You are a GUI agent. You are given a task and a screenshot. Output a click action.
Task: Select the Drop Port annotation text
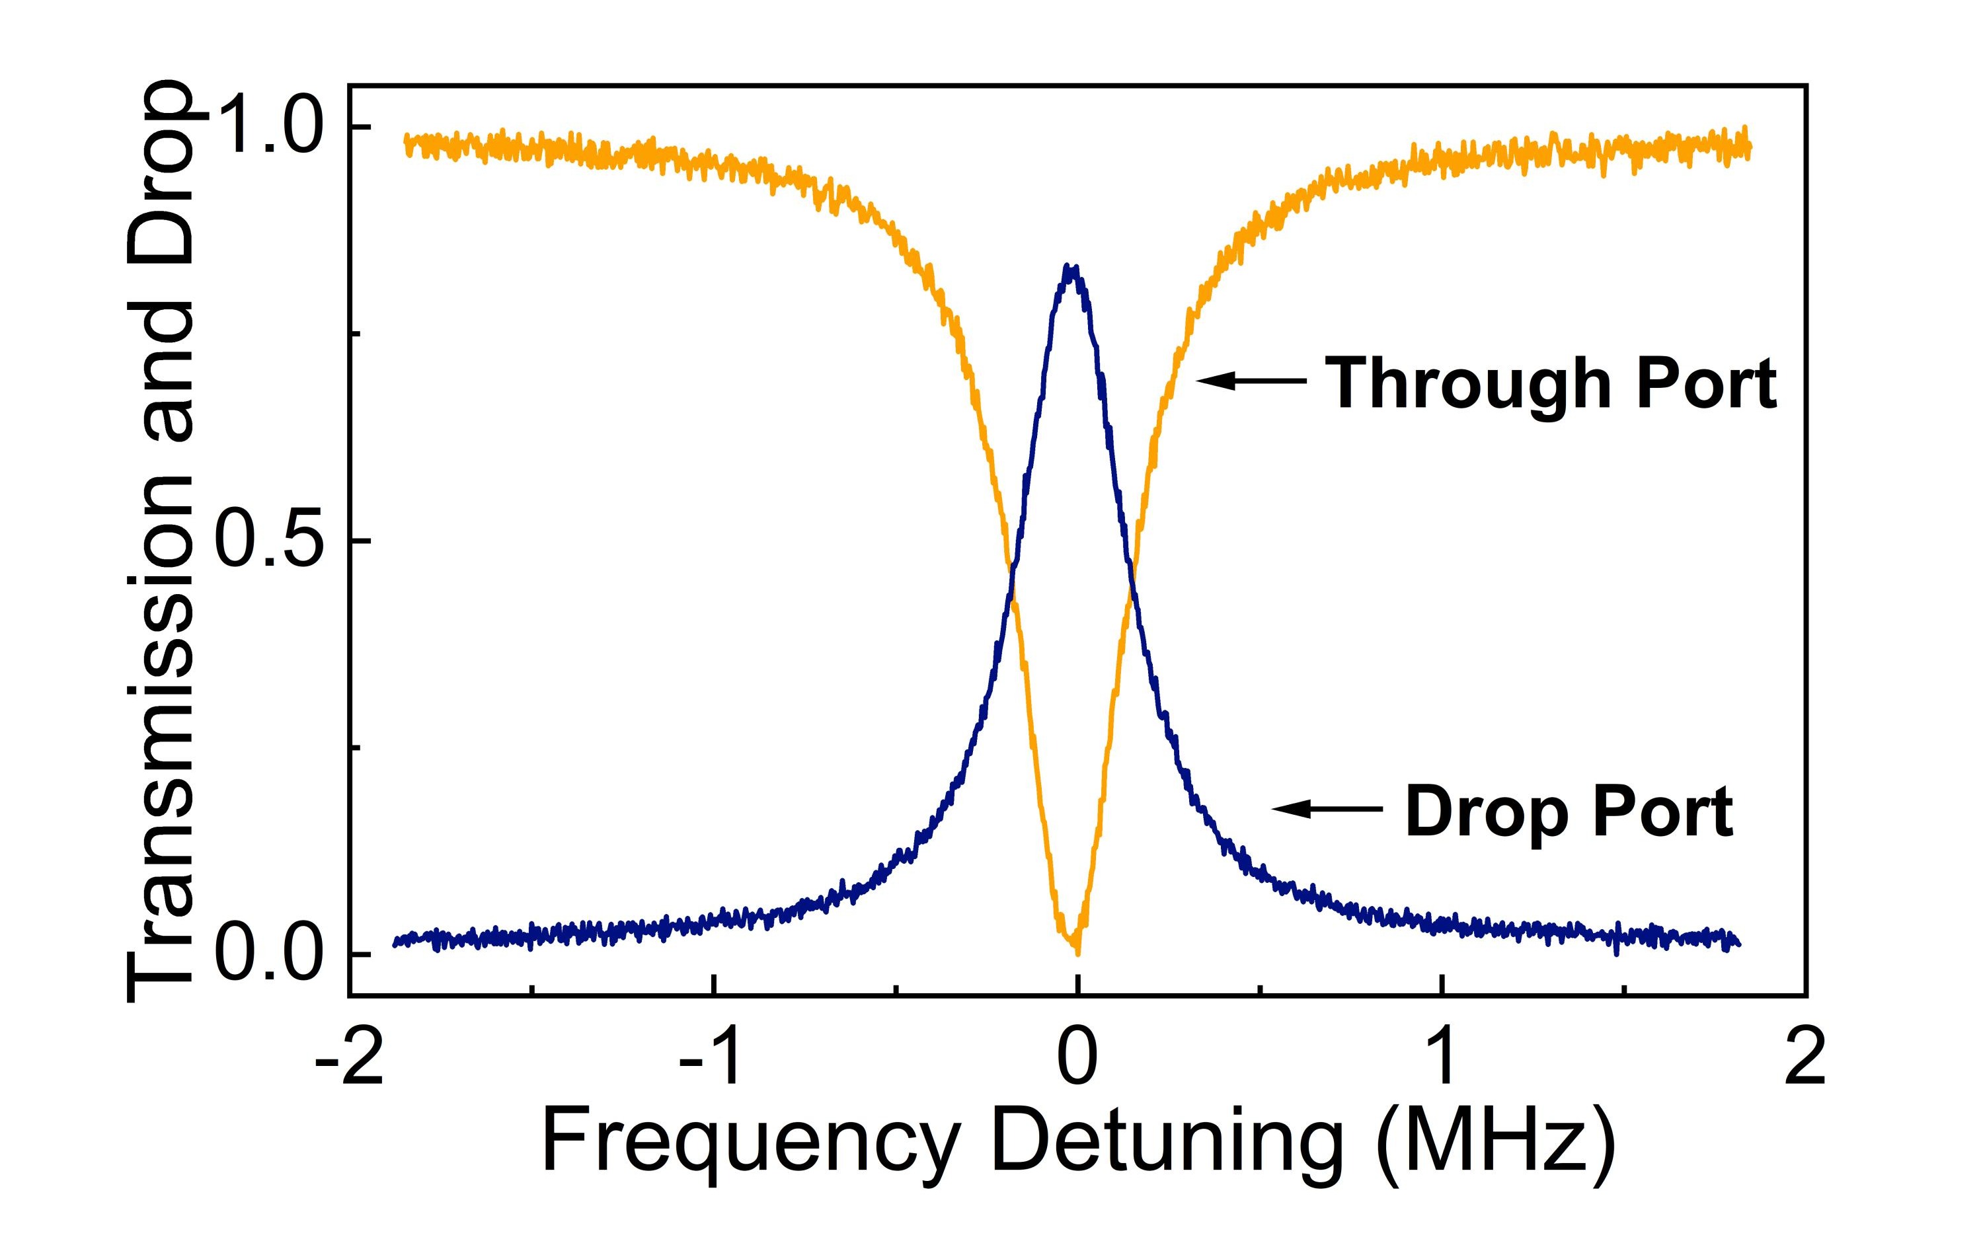[x=1569, y=812]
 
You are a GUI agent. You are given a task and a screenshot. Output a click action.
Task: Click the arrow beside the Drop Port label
[x=1327, y=809]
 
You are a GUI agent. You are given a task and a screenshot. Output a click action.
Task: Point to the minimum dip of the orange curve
[x=1076, y=951]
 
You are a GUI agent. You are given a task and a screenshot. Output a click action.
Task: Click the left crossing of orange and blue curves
[x=1011, y=574]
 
